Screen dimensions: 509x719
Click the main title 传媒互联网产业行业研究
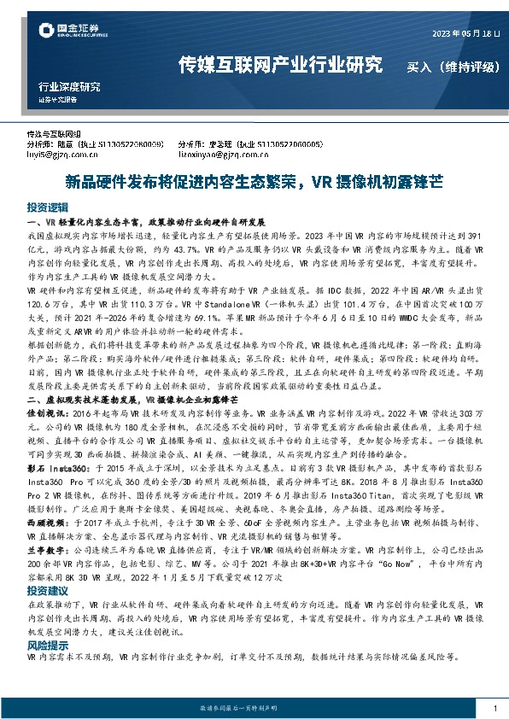pyautogui.click(x=279, y=65)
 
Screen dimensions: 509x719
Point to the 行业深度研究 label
pyautogui.click(x=69, y=86)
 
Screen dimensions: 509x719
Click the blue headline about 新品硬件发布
pyautogui.click(x=254, y=182)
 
